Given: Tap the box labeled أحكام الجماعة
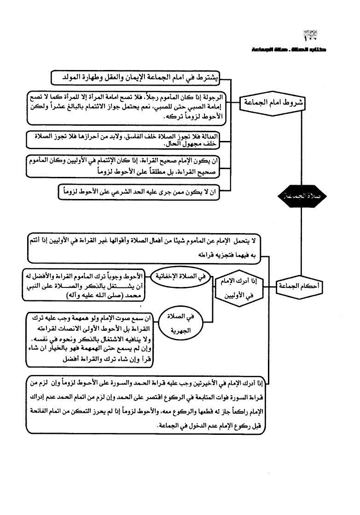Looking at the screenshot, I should coord(300,287).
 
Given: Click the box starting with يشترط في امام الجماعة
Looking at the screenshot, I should coord(135,77).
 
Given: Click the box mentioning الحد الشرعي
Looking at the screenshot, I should coord(139,192).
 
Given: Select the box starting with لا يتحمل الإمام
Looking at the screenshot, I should coord(143,247).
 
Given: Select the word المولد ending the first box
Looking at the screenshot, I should coord(64,77).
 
